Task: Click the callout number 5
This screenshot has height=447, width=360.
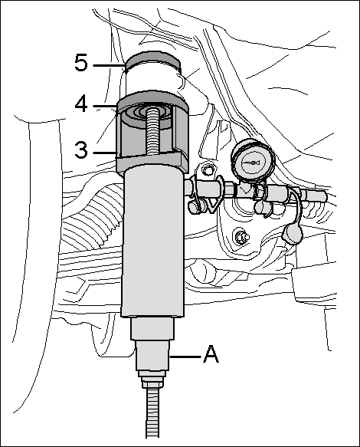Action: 81,63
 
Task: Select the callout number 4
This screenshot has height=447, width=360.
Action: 81,104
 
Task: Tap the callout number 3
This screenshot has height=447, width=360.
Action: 81,150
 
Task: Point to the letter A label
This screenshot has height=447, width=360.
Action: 211,353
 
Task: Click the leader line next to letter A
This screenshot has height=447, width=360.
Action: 185,357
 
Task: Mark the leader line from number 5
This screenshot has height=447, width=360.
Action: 109,65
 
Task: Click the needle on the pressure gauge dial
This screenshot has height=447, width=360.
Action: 253,163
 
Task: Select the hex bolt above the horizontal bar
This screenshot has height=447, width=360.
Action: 208,171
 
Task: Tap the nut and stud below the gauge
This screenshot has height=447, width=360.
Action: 241,237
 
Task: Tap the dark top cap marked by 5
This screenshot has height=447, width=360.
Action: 153,59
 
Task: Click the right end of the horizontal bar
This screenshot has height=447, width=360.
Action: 324,196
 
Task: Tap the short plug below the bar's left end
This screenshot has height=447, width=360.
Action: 195,206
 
